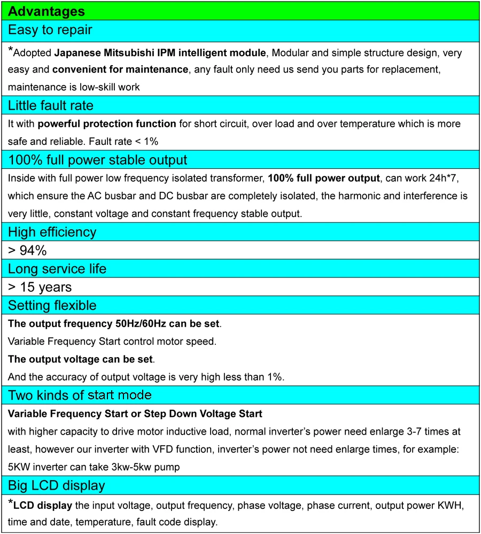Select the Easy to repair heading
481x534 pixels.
[50, 30]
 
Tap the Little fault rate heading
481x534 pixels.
[51, 106]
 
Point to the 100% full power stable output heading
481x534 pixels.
[97, 159]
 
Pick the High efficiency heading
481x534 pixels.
[52, 232]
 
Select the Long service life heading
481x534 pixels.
[57, 269]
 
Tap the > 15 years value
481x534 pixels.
[40, 287]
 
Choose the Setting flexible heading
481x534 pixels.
[52, 306]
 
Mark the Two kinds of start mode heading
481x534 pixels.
[80, 396]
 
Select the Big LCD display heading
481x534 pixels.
[56, 485]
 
